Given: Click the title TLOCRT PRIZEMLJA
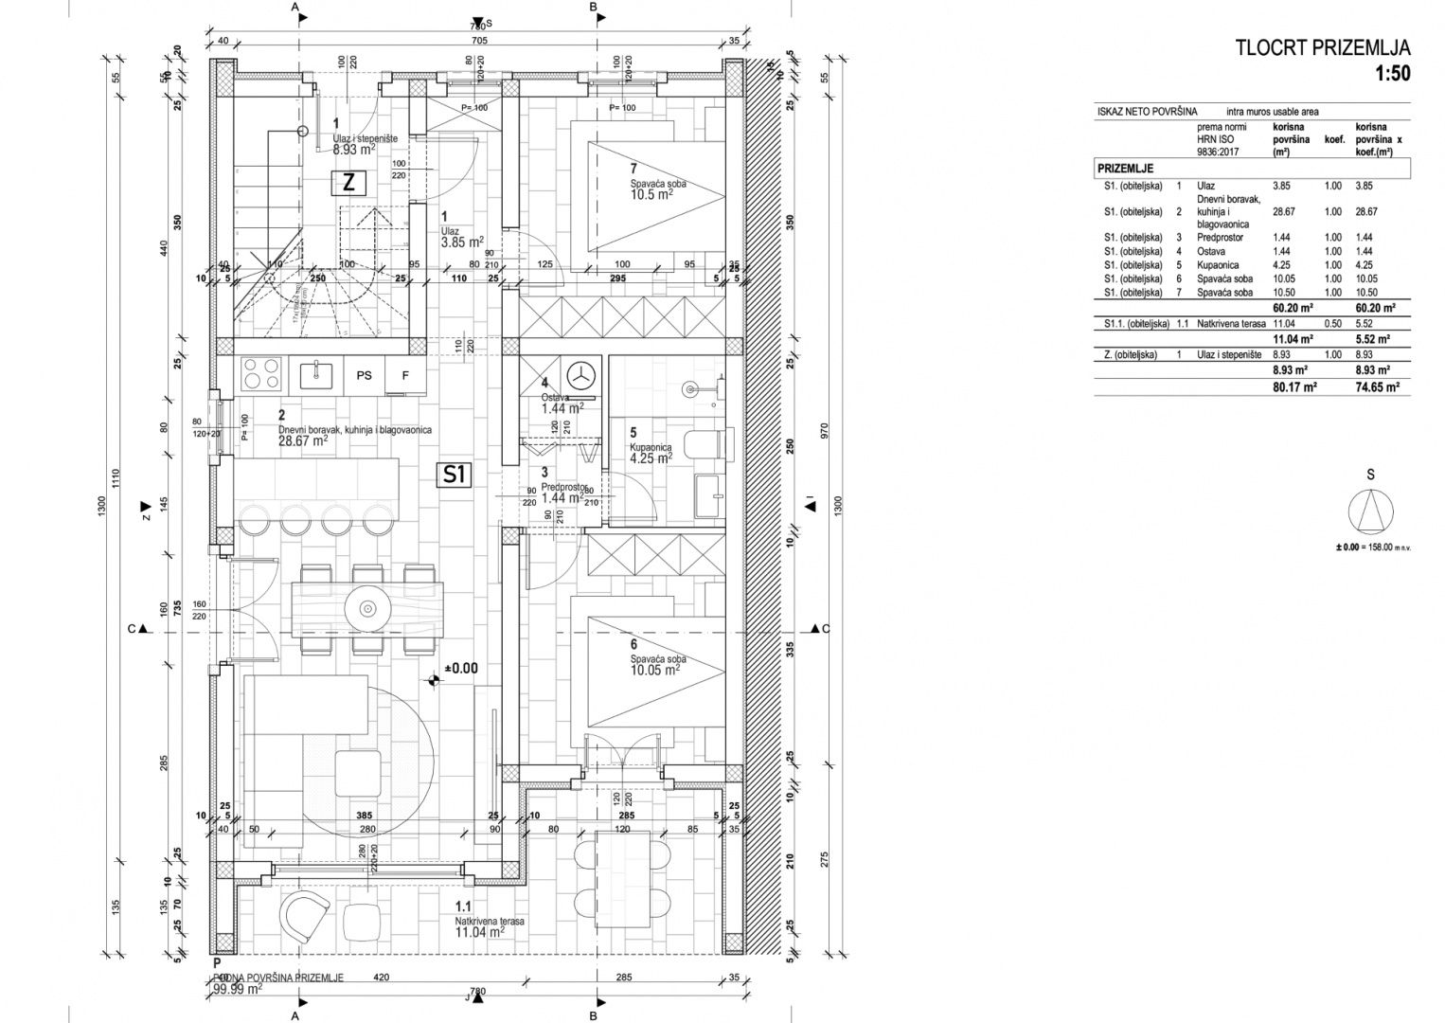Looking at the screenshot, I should click(1323, 48).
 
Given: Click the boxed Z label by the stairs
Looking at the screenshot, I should click(348, 183).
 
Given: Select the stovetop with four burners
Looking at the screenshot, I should click(261, 374).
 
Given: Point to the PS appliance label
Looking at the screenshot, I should click(364, 375).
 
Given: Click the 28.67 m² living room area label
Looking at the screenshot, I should click(303, 440).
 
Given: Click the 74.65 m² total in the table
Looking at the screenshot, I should click(1377, 386).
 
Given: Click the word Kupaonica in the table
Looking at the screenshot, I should click(1215, 265).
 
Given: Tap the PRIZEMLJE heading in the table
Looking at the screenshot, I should click(1125, 168).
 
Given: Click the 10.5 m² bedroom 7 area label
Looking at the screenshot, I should click(651, 193).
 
